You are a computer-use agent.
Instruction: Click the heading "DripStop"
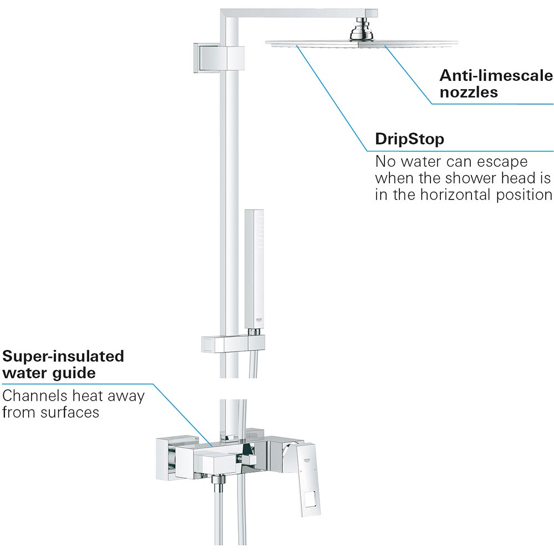[x=409, y=139]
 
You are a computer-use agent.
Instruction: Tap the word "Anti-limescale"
[x=496, y=75]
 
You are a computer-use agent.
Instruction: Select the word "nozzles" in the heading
[x=469, y=92]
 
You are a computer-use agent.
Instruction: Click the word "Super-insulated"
[x=63, y=356]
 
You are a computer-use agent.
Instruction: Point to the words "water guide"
[x=49, y=373]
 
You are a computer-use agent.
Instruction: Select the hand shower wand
[x=255, y=266]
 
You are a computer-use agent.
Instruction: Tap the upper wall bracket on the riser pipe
[x=219, y=57]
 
